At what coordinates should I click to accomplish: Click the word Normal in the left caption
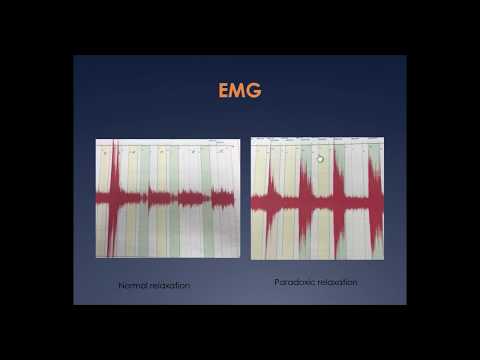click(133, 285)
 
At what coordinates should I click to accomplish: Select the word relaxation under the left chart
click(170, 285)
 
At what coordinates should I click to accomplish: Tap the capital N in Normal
click(122, 285)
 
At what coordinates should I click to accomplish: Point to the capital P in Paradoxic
click(277, 282)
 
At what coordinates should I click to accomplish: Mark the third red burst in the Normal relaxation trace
click(188, 197)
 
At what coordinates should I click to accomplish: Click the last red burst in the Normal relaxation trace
click(222, 198)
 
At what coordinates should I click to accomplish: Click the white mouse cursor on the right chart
click(320, 158)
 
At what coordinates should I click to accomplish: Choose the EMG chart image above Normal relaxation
click(167, 197)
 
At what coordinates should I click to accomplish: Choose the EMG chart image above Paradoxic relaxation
click(316, 197)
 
